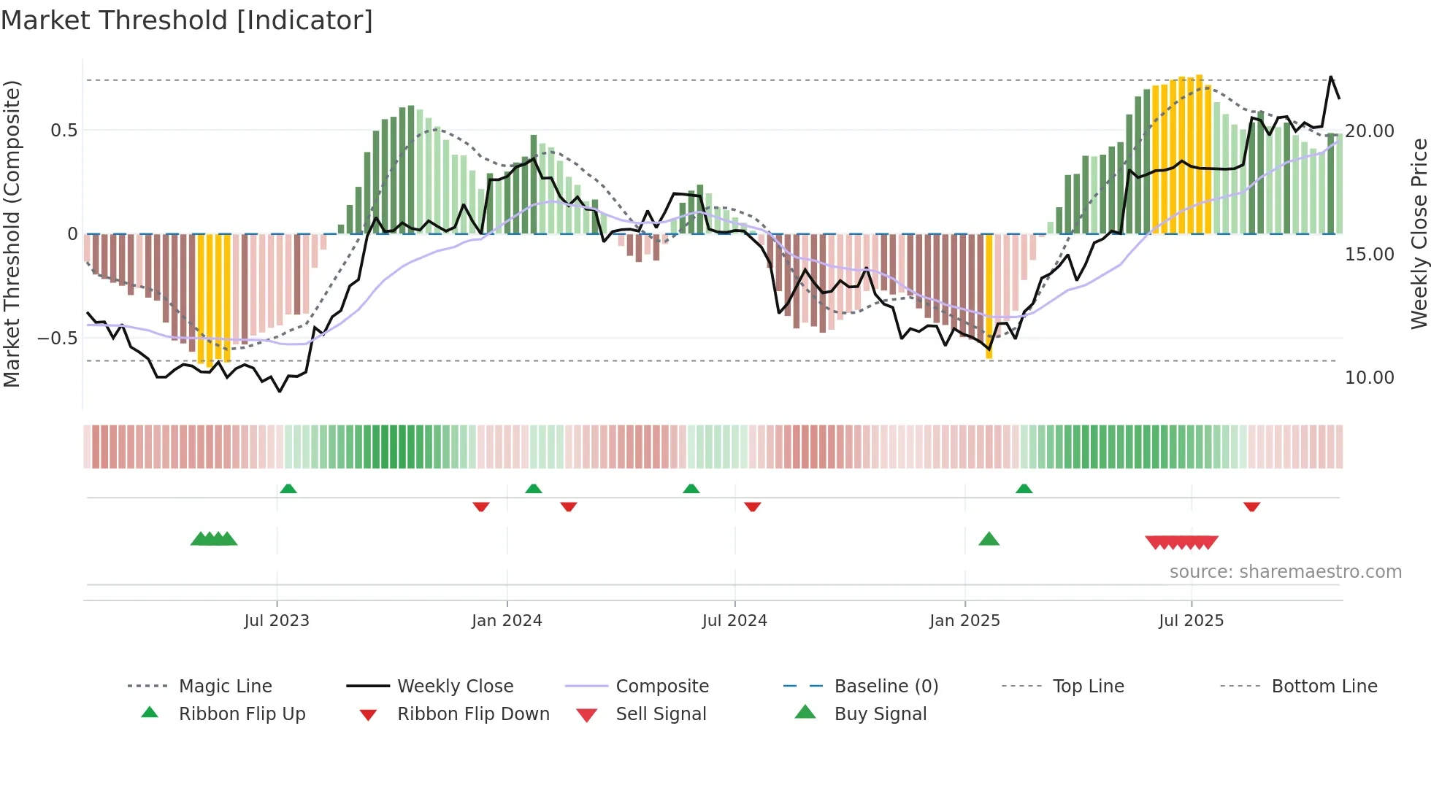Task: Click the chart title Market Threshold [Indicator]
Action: point(187,20)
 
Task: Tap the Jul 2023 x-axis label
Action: point(277,621)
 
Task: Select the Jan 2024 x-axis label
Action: point(507,621)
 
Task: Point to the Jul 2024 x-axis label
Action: point(734,621)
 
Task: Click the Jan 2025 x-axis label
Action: point(964,621)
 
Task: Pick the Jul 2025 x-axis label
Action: point(1191,621)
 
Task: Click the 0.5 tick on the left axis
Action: point(64,131)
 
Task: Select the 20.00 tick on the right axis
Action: point(1370,131)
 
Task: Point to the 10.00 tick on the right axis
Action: point(1370,378)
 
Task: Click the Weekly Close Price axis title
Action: point(1419,233)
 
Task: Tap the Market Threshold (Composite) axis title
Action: point(12,233)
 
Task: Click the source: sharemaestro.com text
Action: point(1285,572)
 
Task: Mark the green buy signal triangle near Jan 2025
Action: point(989,539)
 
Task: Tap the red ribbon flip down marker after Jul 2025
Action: point(1251,506)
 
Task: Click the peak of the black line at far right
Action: point(1330,77)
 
